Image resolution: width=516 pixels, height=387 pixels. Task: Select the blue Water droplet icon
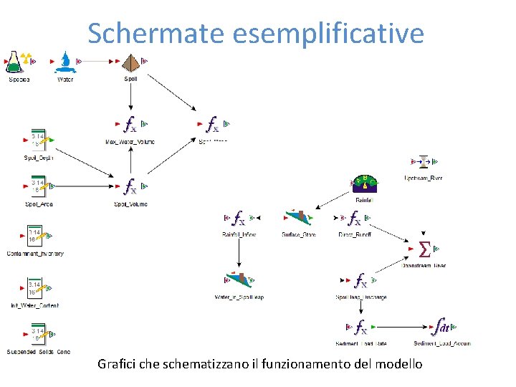click(x=66, y=62)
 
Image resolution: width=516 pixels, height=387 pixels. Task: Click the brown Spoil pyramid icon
click(x=130, y=62)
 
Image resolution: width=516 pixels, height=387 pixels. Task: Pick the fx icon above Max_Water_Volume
click(x=130, y=125)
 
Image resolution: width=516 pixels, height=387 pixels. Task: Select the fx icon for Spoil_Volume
click(x=130, y=187)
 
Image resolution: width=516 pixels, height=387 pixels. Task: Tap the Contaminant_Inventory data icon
click(x=35, y=237)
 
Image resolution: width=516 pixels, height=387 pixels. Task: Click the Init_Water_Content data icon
click(x=35, y=290)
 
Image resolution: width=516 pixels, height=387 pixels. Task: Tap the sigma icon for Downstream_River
click(x=424, y=249)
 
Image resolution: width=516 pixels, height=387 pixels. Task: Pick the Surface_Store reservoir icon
click(x=299, y=217)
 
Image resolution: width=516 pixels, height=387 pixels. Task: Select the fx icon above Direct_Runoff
click(x=354, y=218)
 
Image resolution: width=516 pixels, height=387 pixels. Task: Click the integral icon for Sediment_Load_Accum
click(x=442, y=327)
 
